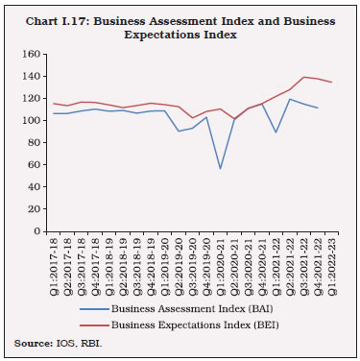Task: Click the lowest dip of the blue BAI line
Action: tap(221, 169)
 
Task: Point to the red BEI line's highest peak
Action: tap(304, 77)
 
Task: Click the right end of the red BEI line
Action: tap(332, 83)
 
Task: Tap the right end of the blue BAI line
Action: tap(318, 108)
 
